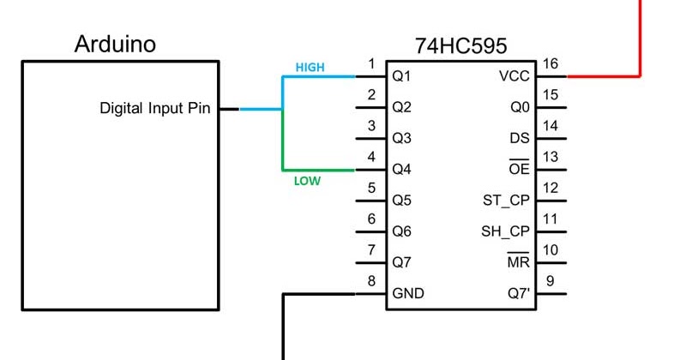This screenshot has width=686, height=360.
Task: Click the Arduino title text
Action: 115,44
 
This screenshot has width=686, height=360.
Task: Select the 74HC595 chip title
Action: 460,45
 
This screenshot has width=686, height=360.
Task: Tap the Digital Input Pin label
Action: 155,109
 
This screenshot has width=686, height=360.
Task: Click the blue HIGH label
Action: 310,67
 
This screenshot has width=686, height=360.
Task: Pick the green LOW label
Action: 307,182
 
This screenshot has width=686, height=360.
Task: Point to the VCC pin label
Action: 514,76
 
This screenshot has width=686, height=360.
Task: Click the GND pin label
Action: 408,293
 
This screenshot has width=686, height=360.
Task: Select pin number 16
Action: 551,64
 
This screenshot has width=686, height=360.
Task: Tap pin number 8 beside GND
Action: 371,281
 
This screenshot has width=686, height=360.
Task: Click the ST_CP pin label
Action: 507,201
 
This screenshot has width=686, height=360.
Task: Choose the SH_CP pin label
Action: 506,231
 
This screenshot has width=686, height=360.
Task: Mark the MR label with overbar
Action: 519,261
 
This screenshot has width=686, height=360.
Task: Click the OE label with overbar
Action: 520,169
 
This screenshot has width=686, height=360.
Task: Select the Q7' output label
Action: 519,293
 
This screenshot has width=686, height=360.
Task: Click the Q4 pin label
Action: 402,170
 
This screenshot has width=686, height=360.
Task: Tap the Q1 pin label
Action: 402,76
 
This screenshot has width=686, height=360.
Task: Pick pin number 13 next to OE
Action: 551,157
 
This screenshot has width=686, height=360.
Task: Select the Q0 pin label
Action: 521,108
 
